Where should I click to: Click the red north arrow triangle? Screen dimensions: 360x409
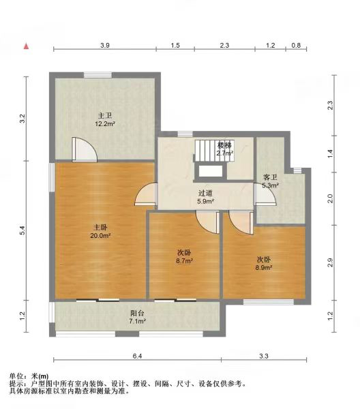click(26, 46)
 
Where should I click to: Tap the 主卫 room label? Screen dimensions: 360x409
click(104, 116)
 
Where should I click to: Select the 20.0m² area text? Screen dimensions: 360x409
click(101, 236)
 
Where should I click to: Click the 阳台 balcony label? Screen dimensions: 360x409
click(137, 314)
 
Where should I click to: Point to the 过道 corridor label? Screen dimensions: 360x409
click(205, 194)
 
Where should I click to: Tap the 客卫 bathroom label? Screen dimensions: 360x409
click(270, 178)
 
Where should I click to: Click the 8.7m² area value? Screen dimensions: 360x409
click(185, 260)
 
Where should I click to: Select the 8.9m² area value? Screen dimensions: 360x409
click(264, 268)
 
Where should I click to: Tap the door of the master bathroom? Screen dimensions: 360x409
click(85, 149)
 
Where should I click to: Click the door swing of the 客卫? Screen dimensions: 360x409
click(265, 194)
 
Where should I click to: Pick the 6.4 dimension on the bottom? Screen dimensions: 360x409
click(137, 356)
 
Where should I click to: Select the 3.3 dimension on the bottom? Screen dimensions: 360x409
click(264, 356)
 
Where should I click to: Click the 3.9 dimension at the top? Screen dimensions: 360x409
click(105, 46)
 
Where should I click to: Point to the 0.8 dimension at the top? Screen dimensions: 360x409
click(296, 46)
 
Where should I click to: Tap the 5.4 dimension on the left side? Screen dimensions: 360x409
click(22, 230)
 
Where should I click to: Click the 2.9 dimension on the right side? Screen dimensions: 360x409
click(330, 262)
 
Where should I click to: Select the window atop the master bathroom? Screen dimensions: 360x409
click(97, 75)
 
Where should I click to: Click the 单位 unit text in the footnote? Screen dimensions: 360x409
click(16, 376)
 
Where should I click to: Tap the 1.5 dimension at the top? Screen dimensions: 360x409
click(175, 46)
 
